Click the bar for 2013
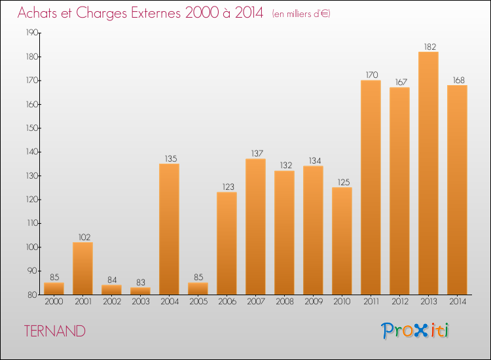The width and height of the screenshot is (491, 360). tap(428, 173)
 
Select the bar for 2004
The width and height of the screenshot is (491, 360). tap(169, 229)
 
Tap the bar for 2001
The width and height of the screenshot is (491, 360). tap(82, 268)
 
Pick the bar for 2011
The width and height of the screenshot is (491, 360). tap(371, 187)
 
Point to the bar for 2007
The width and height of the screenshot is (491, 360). tap(255, 226)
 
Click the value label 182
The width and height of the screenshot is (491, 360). tap(428, 47)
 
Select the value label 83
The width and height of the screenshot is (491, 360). tap(140, 283)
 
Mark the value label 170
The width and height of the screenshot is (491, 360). tap(371, 75)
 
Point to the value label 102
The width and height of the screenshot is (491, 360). tap(82, 238)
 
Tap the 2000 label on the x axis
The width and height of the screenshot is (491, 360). tap(54, 302)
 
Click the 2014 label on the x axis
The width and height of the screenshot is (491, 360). tap(457, 302)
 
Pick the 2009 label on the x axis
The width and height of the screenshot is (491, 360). tap(313, 302)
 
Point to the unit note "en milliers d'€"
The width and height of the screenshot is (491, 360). tap(301, 14)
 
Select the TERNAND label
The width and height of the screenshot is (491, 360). tap(55, 331)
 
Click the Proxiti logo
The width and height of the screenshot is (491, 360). tap(416, 331)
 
